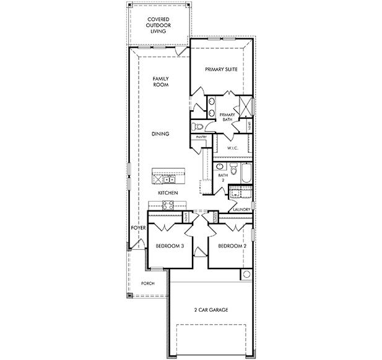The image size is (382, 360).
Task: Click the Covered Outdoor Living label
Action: [x=158, y=25]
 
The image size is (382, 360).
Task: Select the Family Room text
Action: [x=161, y=82]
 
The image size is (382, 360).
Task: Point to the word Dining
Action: [x=161, y=134]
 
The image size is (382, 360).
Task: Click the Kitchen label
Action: [x=168, y=193]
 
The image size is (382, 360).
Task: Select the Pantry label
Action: [x=201, y=137]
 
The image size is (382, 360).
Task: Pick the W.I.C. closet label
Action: [x=233, y=148]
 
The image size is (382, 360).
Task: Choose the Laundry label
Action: [x=241, y=210]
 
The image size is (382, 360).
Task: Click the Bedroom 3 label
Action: [x=169, y=246]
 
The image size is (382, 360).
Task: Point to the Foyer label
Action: [x=137, y=228]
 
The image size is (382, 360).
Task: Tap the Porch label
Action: [x=147, y=283]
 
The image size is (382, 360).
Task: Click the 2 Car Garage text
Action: [x=211, y=309]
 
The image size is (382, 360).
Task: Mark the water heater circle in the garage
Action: [x=246, y=275]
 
